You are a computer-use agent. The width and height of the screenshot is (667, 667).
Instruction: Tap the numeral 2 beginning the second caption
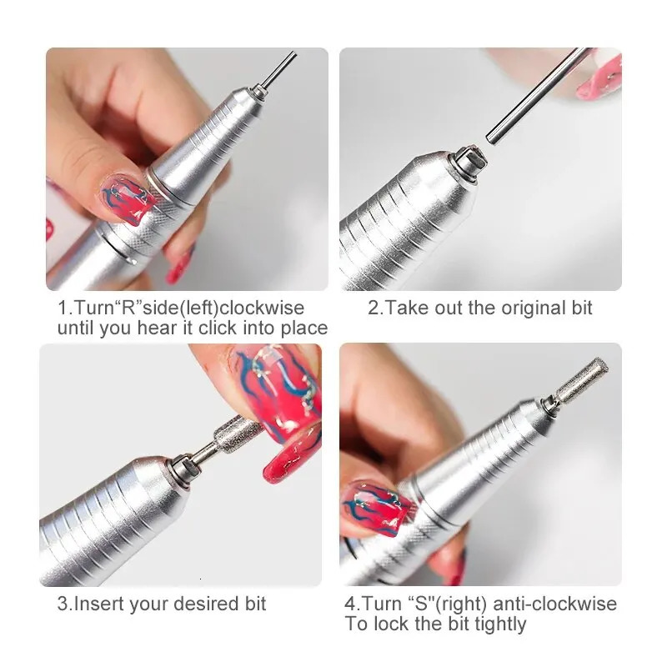[373, 308]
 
